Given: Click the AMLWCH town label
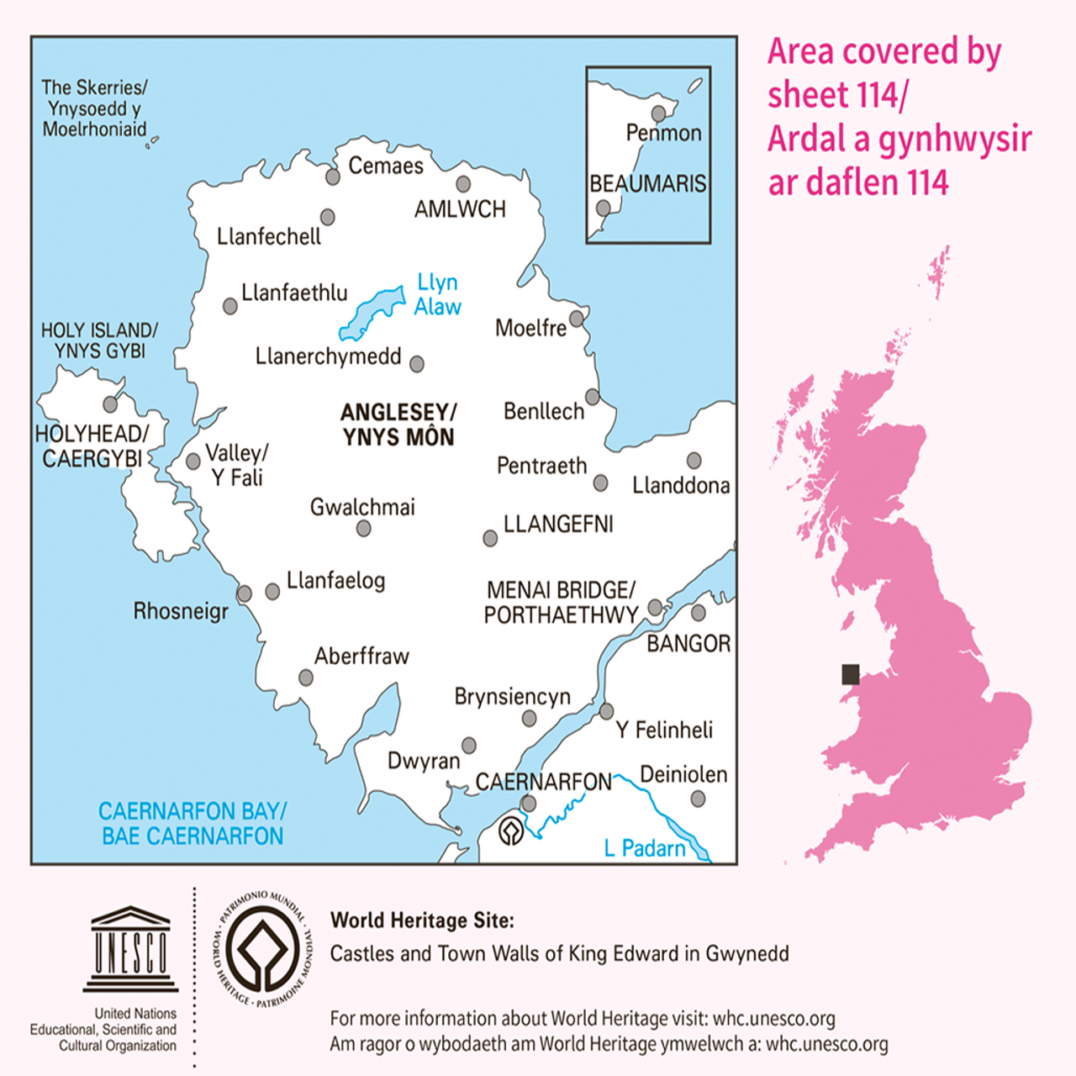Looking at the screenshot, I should (x=460, y=209).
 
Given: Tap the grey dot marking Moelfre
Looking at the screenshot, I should (x=577, y=319).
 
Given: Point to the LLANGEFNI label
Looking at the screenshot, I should (x=558, y=525).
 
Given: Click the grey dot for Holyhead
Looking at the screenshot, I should (x=110, y=404).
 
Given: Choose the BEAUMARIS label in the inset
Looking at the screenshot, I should (x=647, y=183).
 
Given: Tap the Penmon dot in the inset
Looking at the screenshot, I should (x=658, y=113).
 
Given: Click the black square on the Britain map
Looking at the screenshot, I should (x=851, y=674).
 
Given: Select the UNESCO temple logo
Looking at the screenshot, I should (x=130, y=948).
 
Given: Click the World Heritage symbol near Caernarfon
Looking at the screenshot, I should (x=511, y=831).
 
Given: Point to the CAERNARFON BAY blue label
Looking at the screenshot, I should (x=193, y=824).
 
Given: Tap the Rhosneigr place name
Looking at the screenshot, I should (x=181, y=611).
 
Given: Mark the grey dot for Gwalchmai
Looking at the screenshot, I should (x=364, y=528).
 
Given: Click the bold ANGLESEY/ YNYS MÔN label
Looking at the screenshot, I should (x=398, y=425).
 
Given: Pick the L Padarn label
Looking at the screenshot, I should (x=645, y=849).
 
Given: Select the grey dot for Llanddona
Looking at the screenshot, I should (x=694, y=461).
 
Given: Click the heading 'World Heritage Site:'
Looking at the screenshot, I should (x=422, y=920).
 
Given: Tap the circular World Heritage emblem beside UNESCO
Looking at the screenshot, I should (x=263, y=948).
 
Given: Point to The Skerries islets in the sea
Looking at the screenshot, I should (x=152, y=143).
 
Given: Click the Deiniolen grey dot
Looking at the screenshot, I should (x=698, y=799).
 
